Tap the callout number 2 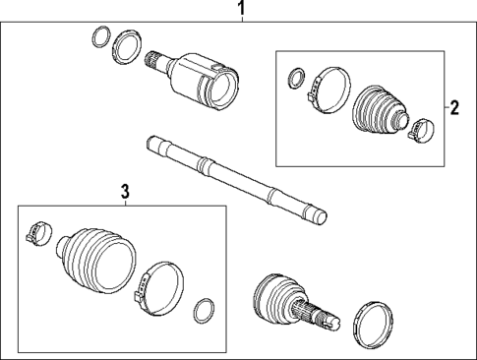(454, 107)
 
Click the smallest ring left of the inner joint (99, 37)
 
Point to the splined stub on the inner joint (155, 62)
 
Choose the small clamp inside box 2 (422, 127)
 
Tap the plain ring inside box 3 (204, 311)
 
